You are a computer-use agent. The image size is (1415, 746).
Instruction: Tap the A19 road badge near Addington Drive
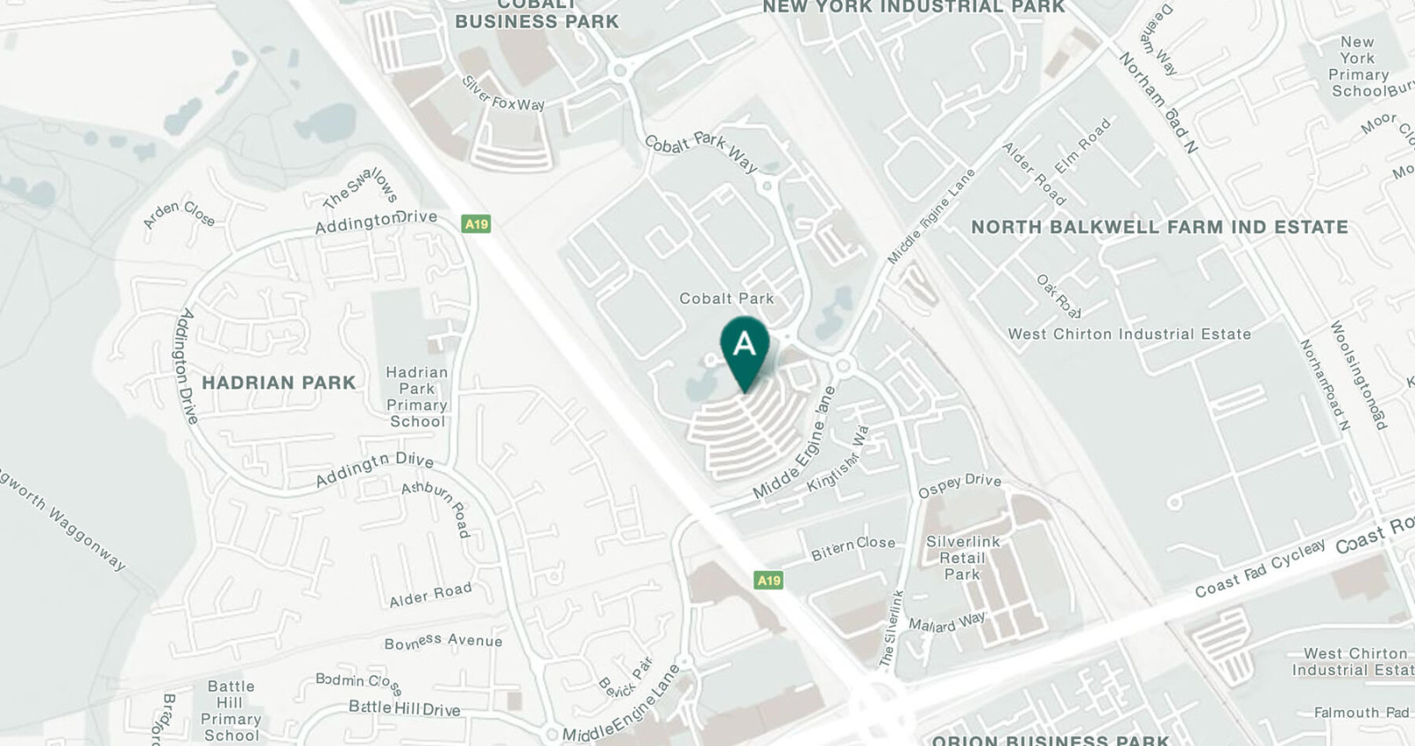click(476, 224)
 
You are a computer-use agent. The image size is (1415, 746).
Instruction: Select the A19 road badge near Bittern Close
click(769, 580)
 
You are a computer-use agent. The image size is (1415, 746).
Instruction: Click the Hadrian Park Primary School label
click(417, 397)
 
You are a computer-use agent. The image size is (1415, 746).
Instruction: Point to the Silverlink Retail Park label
click(962, 558)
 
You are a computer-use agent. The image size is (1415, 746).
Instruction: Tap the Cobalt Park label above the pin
click(726, 299)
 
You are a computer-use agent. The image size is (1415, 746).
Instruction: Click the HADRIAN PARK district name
click(279, 383)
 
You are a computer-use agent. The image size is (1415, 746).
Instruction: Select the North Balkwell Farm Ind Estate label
click(1159, 227)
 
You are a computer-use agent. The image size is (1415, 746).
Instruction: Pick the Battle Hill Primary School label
click(230, 711)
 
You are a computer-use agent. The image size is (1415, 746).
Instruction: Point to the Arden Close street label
click(180, 214)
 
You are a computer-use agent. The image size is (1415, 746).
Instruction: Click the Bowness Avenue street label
click(443, 641)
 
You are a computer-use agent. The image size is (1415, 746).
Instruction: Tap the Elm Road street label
click(1082, 147)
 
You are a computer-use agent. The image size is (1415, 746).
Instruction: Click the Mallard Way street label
click(946, 622)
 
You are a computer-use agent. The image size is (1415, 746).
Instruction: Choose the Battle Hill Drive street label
click(404, 708)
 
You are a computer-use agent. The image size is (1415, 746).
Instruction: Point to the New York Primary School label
click(1358, 66)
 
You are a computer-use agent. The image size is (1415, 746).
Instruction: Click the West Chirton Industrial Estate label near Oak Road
click(1129, 334)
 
